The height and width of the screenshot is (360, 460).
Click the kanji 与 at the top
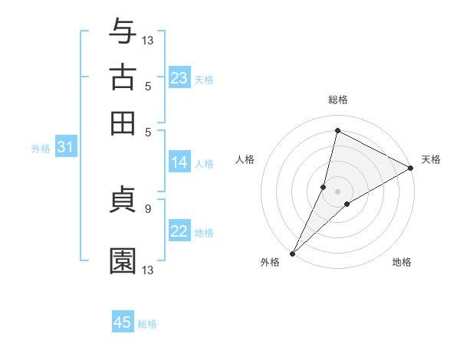(x=123, y=32)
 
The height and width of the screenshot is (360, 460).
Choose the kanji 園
(x=123, y=260)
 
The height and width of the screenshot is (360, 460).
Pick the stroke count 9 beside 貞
(x=147, y=208)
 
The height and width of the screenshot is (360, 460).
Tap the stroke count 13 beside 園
(x=148, y=270)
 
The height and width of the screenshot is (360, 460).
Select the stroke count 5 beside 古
(x=147, y=85)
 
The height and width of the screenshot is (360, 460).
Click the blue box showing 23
(x=179, y=78)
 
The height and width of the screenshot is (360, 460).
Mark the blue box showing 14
(x=179, y=162)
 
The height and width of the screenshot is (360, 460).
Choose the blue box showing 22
(x=179, y=232)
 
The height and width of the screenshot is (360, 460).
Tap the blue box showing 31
(x=64, y=148)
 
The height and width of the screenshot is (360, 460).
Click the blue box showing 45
(x=123, y=322)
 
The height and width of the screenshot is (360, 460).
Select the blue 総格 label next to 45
(x=147, y=324)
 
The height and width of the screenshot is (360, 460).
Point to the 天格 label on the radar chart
(x=431, y=159)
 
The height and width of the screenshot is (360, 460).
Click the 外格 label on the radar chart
(x=270, y=262)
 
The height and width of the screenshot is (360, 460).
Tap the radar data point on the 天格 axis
(x=411, y=169)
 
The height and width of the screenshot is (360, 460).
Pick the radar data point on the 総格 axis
(x=337, y=130)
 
